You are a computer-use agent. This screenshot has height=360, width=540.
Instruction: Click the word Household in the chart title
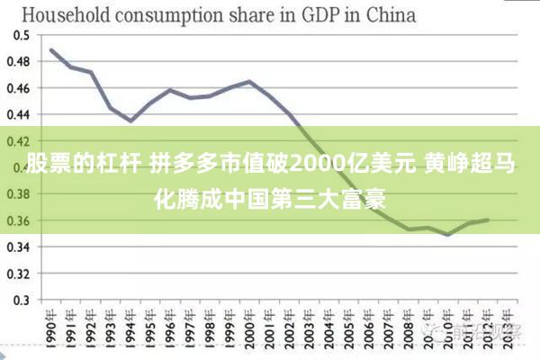[64, 14]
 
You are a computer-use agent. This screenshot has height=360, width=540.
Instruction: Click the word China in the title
[389, 14]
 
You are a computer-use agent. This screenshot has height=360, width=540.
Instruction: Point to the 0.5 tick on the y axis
[22, 35]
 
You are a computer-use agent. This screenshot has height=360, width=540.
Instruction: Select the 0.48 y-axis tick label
[19, 61]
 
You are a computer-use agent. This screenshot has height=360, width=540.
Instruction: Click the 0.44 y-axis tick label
[19, 114]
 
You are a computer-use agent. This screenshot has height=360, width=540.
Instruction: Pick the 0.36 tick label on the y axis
[19, 220]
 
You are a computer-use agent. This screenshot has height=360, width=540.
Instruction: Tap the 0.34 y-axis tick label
[19, 247]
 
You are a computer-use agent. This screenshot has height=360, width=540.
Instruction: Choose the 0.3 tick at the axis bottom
[22, 300]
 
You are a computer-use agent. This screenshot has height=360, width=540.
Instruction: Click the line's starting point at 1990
[51, 49]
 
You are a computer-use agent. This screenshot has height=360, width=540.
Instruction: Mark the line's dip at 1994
[130, 121]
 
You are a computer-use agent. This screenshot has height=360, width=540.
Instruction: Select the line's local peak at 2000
[249, 82]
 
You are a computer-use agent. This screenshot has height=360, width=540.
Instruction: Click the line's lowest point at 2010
[447, 234]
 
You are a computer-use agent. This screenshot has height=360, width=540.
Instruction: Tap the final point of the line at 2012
[487, 220]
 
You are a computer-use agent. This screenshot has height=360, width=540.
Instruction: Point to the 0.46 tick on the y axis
[19, 88]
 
